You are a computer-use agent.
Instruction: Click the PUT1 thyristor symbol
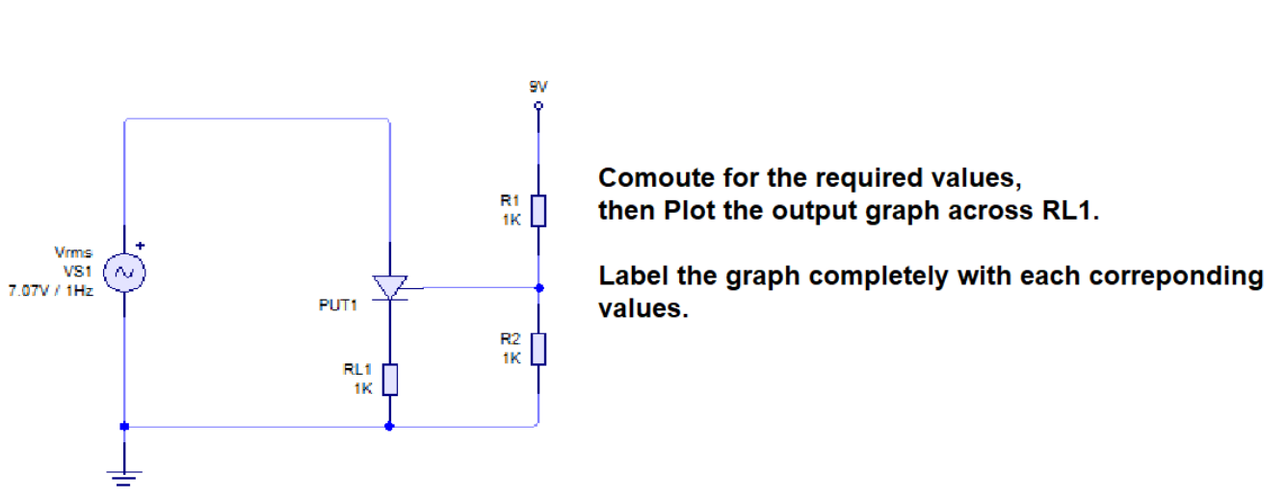click(389, 287)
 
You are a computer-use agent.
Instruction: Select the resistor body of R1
click(538, 209)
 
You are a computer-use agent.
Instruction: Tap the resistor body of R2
click(538, 348)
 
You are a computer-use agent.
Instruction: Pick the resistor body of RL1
click(389, 379)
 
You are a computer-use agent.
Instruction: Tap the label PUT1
click(337, 305)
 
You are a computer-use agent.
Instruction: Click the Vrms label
click(74, 252)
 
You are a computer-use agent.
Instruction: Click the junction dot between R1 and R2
click(538, 287)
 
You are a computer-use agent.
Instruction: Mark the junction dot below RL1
click(389, 425)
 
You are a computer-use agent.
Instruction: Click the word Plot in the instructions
click(690, 211)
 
